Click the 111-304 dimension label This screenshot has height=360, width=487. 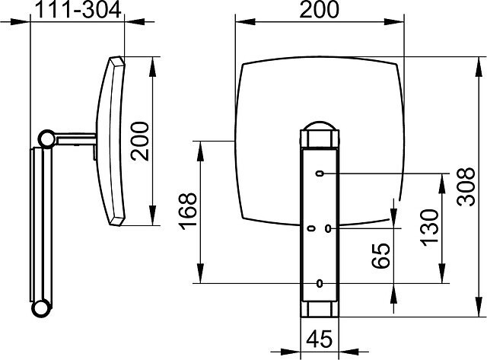point(78,9)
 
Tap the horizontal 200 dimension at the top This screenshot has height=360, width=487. point(320,9)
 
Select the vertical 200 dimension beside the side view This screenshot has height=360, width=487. point(140,142)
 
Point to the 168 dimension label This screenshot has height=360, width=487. point(188,212)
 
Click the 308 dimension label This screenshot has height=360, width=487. point(466,186)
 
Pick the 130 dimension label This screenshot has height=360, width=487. point(429,228)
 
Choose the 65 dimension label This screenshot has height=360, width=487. point(380,255)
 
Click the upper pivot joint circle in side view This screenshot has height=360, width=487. point(47,139)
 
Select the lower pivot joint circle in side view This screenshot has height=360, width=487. point(41,308)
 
